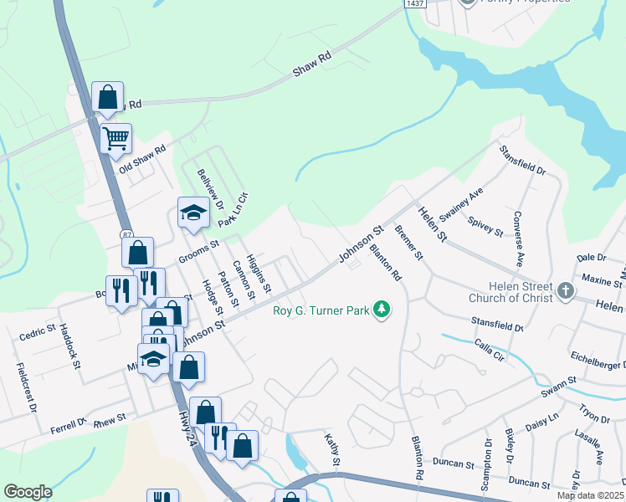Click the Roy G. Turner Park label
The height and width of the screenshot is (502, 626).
pos(321,310)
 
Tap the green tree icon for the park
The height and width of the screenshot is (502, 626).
pos(382,310)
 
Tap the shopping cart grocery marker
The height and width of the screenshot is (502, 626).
pos(115,138)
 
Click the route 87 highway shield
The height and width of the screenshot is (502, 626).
pos(126,235)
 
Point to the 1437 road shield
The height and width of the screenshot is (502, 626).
pos(415,3)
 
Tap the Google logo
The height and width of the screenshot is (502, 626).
pos(28,492)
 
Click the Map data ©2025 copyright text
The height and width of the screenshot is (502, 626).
pos(591,495)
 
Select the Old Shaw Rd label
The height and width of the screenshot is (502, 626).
pos(142,156)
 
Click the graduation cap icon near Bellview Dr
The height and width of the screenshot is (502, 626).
pos(192,212)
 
